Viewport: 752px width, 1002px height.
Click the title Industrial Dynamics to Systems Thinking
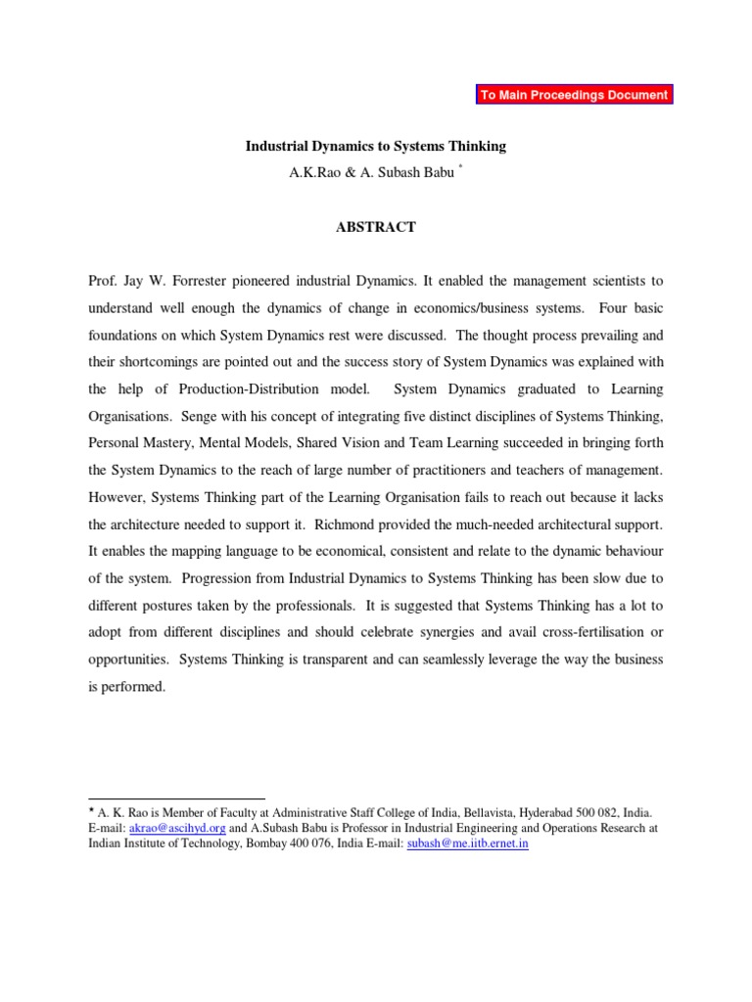(375, 146)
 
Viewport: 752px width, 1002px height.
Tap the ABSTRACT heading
(375, 227)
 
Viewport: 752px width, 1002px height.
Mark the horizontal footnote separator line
(176, 798)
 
